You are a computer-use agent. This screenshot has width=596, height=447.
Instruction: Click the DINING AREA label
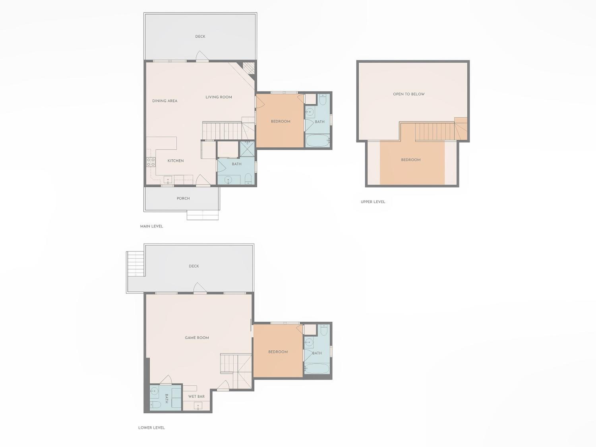point(165,101)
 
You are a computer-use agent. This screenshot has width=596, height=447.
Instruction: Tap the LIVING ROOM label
point(219,97)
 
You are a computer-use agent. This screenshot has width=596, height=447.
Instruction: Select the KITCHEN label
point(176,161)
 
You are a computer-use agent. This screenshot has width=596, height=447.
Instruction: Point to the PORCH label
point(183,198)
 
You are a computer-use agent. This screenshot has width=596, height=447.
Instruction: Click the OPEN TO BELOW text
point(409,94)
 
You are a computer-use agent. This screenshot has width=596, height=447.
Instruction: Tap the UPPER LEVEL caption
point(373,201)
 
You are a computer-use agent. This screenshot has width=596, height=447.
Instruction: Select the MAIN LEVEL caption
point(151,226)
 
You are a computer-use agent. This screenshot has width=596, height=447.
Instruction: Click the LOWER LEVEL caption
point(151,428)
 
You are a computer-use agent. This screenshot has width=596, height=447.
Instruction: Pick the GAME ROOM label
point(197,338)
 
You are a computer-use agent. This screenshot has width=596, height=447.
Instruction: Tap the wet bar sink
point(198,406)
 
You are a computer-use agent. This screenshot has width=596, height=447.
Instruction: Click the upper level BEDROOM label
point(411,160)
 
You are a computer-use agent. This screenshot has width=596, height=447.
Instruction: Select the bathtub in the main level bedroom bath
point(318,141)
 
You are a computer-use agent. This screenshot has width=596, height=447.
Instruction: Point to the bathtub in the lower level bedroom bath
point(317,369)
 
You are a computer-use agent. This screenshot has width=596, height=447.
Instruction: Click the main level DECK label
point(200,36)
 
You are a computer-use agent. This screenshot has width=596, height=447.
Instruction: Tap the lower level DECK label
point(194,266)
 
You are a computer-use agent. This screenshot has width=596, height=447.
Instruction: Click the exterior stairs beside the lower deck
point(135,263)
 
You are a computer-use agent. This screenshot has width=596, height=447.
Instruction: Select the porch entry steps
point(203,215)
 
